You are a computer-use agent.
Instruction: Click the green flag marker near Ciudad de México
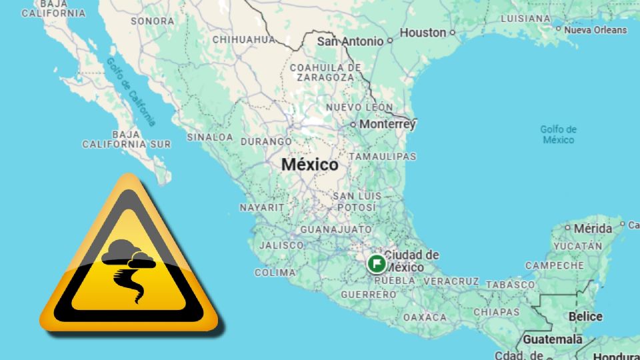377,263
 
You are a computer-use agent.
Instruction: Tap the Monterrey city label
387,124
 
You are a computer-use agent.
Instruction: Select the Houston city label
423,32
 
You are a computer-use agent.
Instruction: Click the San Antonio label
350,41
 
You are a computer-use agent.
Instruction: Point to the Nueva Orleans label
595,30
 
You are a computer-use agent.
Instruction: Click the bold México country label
309,164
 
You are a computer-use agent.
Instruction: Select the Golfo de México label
558,134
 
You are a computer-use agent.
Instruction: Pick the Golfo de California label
131,91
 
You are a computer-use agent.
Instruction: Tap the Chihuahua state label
243,39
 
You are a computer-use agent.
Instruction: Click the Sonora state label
152,21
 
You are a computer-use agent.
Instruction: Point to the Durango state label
265,141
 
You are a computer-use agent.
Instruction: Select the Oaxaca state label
425,317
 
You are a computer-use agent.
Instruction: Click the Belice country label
585,317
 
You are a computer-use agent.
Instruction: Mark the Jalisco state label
281,245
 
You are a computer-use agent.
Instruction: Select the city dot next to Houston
453,32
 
